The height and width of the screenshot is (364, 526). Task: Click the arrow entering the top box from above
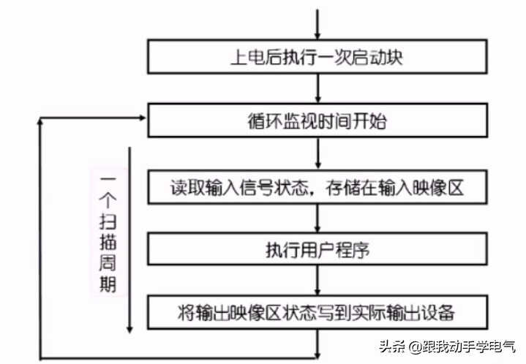point(318,24)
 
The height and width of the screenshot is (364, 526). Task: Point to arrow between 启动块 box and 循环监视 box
point(318,88)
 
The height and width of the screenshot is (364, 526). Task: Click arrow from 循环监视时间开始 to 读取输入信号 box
point(318,153)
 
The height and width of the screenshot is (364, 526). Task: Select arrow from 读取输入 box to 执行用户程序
point(318,219)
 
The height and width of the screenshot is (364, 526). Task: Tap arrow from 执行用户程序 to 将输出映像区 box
point(318,281)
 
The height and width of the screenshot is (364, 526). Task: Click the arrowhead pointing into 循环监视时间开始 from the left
point(143,118)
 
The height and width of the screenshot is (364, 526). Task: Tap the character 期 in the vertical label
point(108,284)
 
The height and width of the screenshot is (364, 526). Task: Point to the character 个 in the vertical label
point(108,200)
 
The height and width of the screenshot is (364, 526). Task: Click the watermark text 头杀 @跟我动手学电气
point(447,346)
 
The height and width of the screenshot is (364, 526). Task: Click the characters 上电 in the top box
point(248,57)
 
